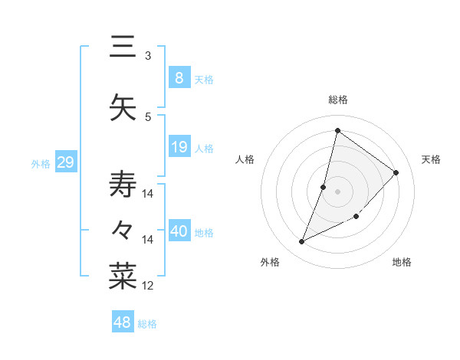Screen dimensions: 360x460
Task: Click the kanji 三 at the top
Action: (123, 47)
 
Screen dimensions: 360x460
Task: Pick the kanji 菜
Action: (123, 277)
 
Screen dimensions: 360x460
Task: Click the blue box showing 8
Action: (179, 77)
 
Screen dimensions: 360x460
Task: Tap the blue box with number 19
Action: (179, 147)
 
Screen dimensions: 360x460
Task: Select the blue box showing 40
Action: (179, 231)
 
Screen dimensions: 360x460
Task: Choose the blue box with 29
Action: (65, 162)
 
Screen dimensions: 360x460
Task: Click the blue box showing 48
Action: (123, 322)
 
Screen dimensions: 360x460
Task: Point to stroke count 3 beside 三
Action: (148, 55)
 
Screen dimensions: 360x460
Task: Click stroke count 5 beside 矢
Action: (148, 116)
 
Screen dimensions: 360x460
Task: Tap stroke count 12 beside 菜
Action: (148, 286)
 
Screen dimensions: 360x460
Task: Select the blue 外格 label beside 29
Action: (41, 163)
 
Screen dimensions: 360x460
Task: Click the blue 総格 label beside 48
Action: (147, 324)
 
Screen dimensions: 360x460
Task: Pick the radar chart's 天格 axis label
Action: (431, 159)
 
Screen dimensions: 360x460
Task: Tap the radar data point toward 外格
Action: (301, 242)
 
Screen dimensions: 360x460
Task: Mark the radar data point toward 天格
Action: (396, 172)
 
